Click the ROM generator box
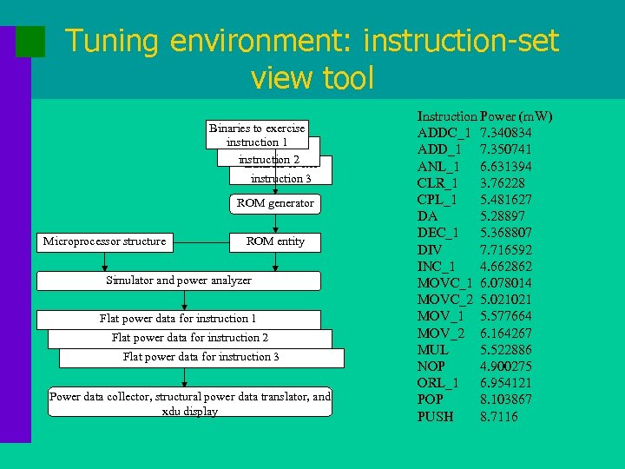pyautogui.click(x=275, y=203)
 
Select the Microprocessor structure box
pyautogui.click(x=104, y=241)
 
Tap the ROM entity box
pyautogui.click(x=275, y=241)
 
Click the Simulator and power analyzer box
pyautogui.click(x=179, y=281)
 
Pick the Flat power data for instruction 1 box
pyautogui.click(x=178, y=319)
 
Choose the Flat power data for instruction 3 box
pyautogui.click(x=201, y=357)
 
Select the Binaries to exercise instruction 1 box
pyautogui.click(x=257, y=135)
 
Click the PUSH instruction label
pyautogui.click(x=435, y=417)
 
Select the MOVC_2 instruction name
pyautogui.click(x=444, y=300)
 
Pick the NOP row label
pyautogui.click(x=431, y=367)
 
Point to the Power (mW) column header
pyautogui.click(x=516, y=116)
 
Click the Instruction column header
pyautogui.click(x=447, y=116)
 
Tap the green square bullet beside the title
pyautogui.click(x=30, y=42)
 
